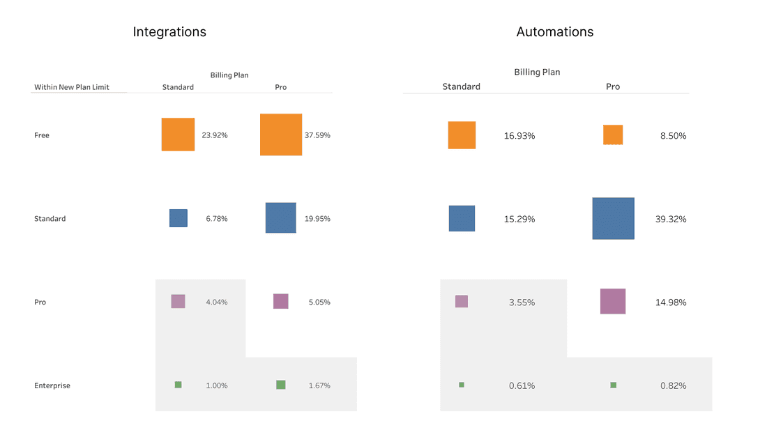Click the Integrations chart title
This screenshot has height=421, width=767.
[x=169, y=32]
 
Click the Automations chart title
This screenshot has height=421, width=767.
[x=555, y=32]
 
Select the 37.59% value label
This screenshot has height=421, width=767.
[x=317, y=135]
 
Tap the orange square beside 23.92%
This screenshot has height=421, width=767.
[x=178, y=135]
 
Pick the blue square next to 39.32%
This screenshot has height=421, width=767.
[x=613, y=219]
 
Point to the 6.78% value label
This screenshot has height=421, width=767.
[x=216, y=219]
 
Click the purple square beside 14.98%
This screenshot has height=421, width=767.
[x=613, y=301]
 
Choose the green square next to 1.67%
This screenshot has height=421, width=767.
[x=280, y=385]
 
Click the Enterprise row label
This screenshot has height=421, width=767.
[x=52, y=385]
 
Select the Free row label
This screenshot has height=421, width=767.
[x=42, y=135]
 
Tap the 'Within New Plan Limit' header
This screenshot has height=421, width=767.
[x=72, y=88]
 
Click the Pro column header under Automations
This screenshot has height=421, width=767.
[x=613, y=87]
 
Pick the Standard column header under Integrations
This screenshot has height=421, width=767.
[x=178, y=88]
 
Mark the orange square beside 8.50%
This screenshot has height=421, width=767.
[x=613, y=135]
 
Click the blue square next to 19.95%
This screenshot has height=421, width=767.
[x=280, y=217]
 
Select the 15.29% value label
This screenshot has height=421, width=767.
[x=519, y=220]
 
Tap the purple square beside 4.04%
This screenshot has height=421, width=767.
[x=178, y=301]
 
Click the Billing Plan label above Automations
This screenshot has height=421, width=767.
[x=537, y=72]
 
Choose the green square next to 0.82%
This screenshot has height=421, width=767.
[x=613, y=385]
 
